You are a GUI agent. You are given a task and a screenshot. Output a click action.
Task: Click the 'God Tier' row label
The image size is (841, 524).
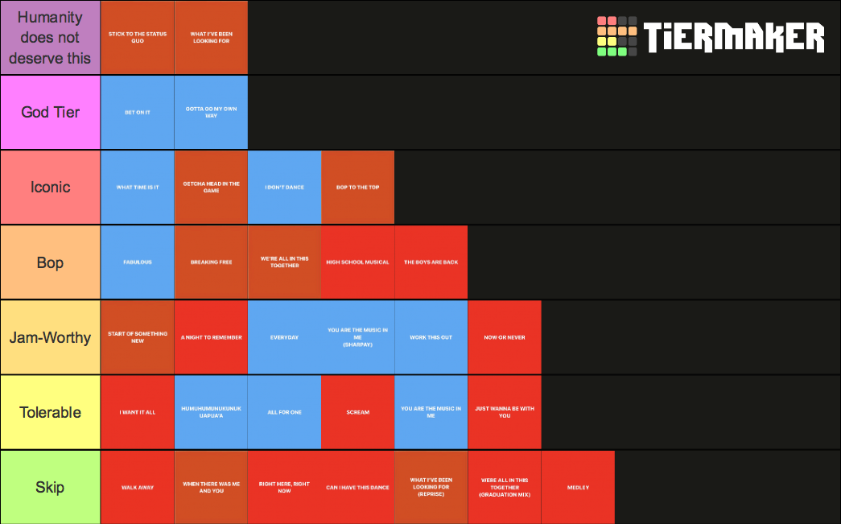click(50, 112)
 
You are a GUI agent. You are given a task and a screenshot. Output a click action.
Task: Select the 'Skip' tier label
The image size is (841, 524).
click(50, 487)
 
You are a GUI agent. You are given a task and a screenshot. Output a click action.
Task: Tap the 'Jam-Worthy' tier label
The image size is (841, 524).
click(50, 337)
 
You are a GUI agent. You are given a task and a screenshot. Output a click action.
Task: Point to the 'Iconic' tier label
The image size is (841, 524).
click(50, 188)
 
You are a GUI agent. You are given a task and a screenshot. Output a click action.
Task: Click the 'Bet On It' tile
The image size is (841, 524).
click(138, 112)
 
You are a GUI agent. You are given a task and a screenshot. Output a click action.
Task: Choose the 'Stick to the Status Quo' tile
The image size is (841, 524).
click(138, 37)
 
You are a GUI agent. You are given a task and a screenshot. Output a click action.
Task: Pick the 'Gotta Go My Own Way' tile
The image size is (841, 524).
click(211, 112)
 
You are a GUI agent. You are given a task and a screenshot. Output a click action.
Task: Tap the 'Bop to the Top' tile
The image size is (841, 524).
click(358, 188)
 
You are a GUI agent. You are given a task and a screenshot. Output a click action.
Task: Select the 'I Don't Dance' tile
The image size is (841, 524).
click(284, 188)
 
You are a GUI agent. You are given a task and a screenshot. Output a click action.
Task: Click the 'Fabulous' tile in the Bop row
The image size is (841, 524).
click(138, 262)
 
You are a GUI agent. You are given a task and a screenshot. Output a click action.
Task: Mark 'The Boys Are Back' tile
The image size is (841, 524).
click(431, 262)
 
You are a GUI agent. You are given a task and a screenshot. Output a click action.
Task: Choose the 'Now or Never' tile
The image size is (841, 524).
click(505, 337)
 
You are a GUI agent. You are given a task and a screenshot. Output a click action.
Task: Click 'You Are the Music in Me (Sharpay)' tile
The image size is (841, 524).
click(358, 337)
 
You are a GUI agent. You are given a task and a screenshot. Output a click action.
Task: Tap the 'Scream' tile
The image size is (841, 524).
click(358, 412)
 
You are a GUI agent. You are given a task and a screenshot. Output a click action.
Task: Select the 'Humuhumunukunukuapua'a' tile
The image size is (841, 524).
click(211, 412)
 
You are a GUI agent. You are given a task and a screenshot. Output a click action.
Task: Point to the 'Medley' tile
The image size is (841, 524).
click(578, 487)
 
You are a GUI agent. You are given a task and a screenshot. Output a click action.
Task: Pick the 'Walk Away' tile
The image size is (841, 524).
click(138, 487)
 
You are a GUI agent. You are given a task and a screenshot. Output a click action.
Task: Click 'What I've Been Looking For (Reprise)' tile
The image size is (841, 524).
click(431, 487)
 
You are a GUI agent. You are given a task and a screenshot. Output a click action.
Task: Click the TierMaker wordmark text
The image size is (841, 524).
click(734, 37)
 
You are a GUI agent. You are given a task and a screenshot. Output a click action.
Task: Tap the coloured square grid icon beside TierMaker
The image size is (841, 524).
click(616, 36)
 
